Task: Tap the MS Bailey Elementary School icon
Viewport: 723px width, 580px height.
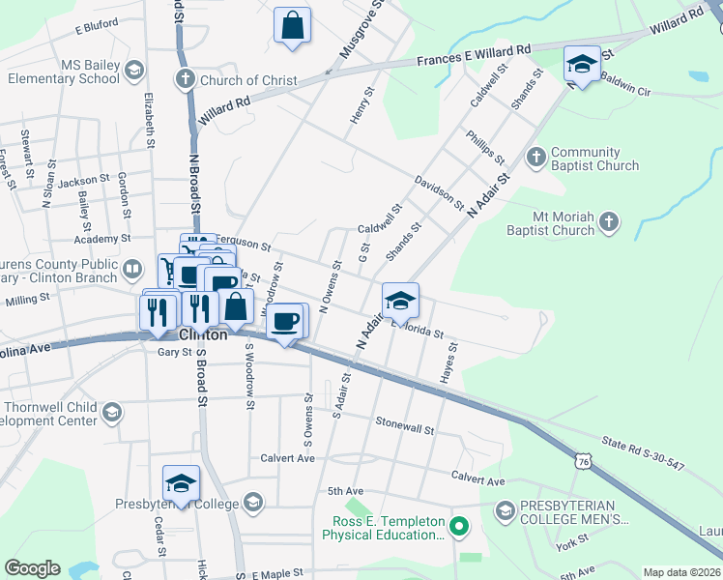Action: click(133, 70)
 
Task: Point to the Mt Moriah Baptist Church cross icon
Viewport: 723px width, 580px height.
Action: click(608, 223)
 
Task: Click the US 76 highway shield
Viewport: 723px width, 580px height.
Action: click(582, 462)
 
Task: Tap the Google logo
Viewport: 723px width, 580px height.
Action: click(32, 568)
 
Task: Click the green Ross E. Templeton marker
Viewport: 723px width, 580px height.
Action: click(459, 527)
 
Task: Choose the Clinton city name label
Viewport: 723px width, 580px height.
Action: click(203, 334)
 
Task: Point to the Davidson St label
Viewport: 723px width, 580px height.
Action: click(439, 191)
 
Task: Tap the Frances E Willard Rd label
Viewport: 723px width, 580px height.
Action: click(474, 55)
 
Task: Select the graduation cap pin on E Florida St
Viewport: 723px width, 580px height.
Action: click(400, 301)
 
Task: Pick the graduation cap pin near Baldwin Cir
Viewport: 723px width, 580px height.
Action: click(582, 64)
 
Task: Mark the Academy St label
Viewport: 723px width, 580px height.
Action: click(105, 239)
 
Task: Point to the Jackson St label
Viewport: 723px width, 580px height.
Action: click(84, 181)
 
